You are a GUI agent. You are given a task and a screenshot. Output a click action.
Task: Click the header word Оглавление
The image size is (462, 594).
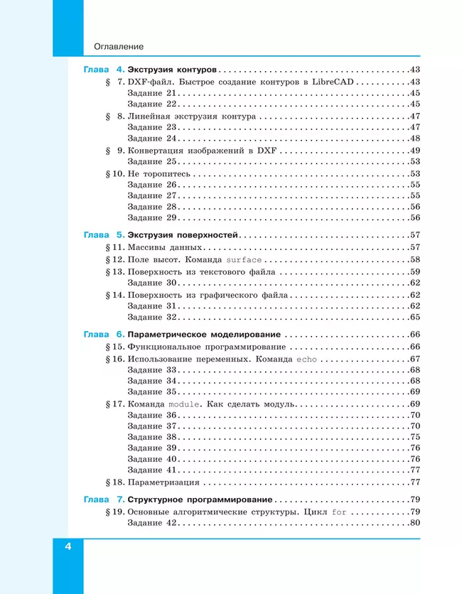(x=119, y=46)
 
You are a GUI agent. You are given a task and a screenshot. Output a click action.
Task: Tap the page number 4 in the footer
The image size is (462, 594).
(x=68, y=546)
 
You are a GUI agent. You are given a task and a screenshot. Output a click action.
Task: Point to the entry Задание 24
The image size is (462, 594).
(x=151, y=139)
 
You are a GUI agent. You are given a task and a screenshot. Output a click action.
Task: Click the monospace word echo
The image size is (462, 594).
(x=306, y=359)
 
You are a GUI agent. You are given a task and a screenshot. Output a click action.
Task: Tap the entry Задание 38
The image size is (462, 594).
(x=151, y=437)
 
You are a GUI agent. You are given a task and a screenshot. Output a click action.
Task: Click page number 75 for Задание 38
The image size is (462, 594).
(x=415, y=437)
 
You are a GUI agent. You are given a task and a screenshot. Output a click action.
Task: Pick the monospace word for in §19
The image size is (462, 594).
(x=340, y=512)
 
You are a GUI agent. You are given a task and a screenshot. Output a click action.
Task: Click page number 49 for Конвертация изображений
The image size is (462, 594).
(x=415, y=150)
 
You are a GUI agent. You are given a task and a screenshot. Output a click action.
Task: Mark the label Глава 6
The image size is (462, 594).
(x=104, y=334)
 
